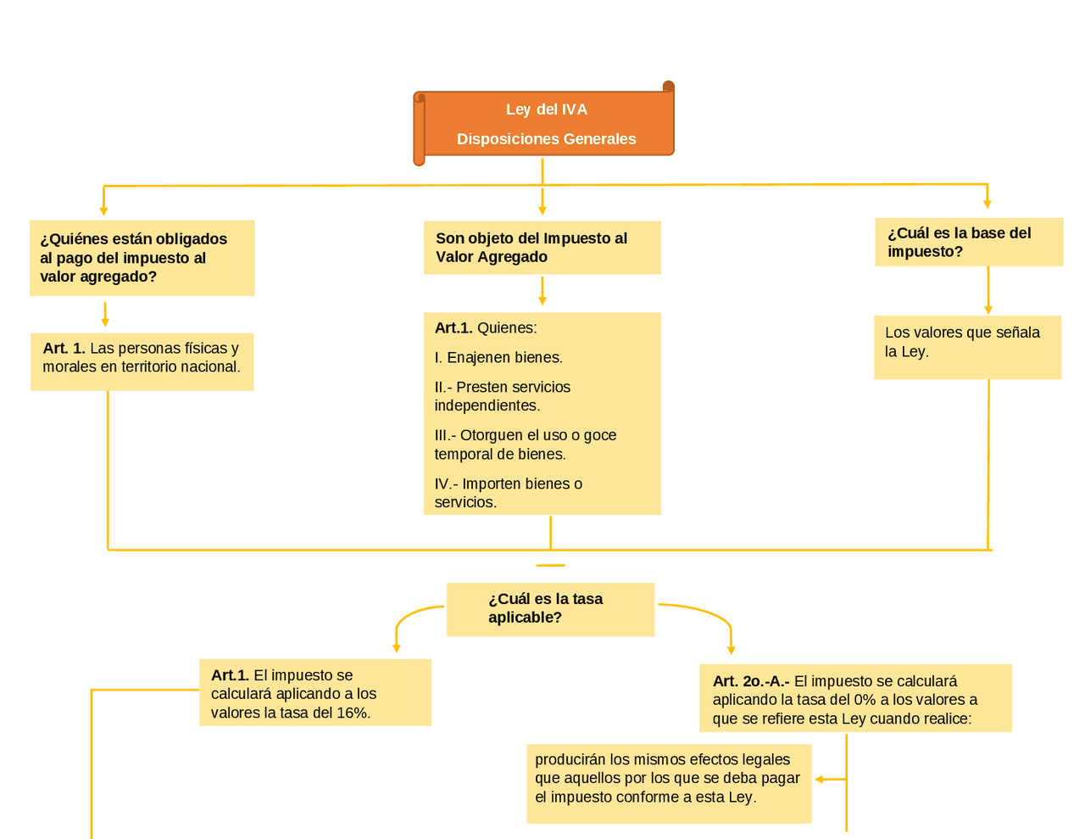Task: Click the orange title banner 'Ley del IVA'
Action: click(x=546, y=109)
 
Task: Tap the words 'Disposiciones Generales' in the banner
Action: click(x=546, y=139)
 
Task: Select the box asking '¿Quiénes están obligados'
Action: click(x=142, y=258)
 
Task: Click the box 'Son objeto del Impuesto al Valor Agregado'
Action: click(x=542, y=248)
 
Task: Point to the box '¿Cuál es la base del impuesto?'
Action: click(x=968, y=243)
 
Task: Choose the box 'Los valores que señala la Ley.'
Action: click(x=967, y=347)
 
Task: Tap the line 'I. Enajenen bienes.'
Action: click(x=498, y=358)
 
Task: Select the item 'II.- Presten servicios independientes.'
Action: click(x=503, y=396)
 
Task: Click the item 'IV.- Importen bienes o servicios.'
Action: click(x=509, y=493)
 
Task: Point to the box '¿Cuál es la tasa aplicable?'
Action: click(x=550, y=609)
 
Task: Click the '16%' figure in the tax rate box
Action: click(x=353, y=713)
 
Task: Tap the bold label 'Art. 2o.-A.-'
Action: click(x=751, y=681)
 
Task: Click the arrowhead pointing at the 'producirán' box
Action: click(x=820, y=779)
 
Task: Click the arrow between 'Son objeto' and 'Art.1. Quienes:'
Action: click(x=542, y=291)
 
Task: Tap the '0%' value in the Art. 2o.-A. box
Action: click(x=865, y=700)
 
